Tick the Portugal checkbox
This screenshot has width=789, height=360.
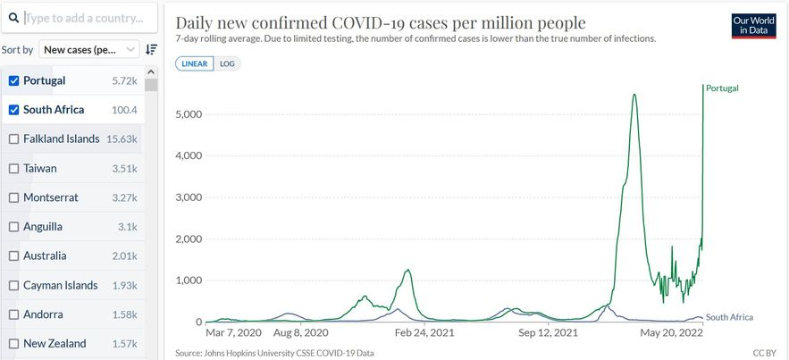pyautogui.click(x=13, y=80)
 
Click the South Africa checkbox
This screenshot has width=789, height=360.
pyautogui.click(x=13, y=110)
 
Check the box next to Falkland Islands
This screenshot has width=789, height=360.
pyautogui.click(x=13, y=138)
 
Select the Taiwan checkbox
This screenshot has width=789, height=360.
pyautogui.click(x=13, y=168)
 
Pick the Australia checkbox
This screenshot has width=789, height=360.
pyautogui.click(x=13, y=255)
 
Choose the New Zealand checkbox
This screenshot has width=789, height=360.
pyautogui.click(x=13, y=343)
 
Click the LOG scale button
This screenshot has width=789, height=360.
pyautogui.click(x=227, y=63)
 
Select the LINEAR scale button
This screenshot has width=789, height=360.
pyautogui.click(x=194, y=63)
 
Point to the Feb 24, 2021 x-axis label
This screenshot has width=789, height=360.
pyautogui.click(x=424, y=332)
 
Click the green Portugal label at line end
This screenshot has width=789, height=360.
pyautogui.click(x=722, y=88)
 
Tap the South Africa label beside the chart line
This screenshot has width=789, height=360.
pyautogui.click(x=729, y=317)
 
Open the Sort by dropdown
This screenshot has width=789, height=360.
pyautogui.click(x=90, y=50)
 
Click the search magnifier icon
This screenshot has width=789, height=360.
pyautogui.click(x=14, y=18)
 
